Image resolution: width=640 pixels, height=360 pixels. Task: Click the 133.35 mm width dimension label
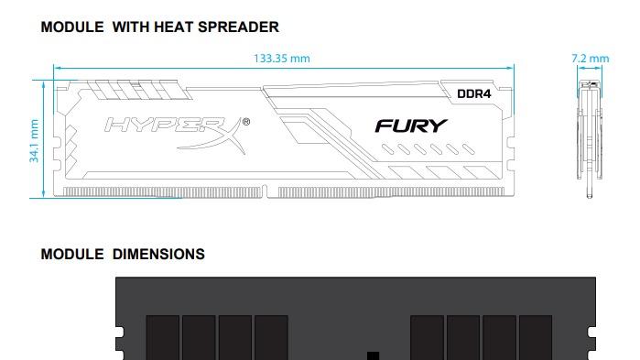281,59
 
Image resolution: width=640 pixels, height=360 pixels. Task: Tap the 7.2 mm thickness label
590,59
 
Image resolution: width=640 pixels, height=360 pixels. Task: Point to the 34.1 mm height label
34,139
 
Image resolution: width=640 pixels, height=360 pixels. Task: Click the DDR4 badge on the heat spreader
474,93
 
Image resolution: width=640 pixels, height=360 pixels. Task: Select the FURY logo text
411,125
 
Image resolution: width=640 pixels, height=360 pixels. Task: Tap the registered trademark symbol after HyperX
245,121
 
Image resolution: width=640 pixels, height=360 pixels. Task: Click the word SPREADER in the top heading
234,27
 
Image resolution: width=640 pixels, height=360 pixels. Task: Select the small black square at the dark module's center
372,355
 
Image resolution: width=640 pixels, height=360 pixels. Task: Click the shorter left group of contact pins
163,191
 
